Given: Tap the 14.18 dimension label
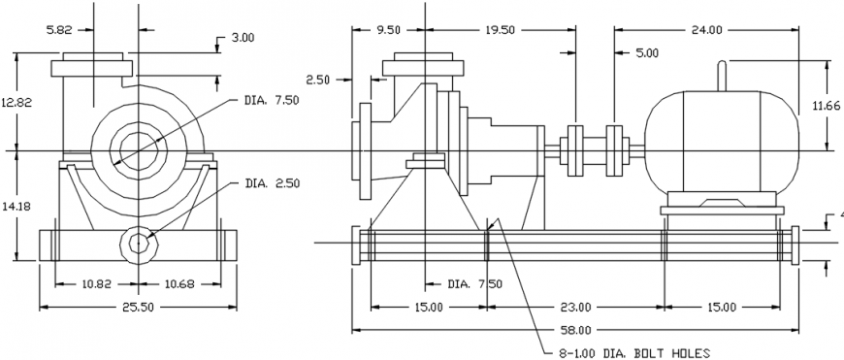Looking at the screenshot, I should [16, 206].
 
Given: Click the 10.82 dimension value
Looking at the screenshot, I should [94, 283].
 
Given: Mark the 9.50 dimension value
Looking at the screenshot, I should [388, 30].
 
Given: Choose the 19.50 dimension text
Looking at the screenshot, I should [500, 30].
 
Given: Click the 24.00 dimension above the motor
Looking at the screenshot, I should [706, 30].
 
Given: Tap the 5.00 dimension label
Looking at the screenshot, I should [647, 52].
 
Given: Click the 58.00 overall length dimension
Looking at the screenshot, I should [578, 330].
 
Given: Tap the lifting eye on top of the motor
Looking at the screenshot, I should [721, 76].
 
